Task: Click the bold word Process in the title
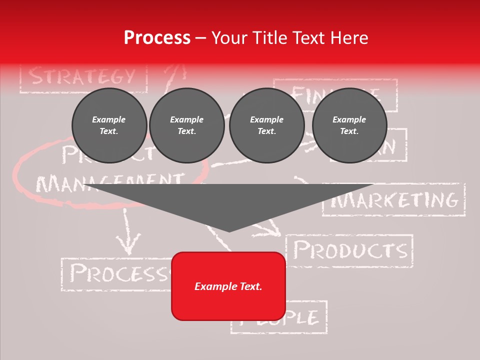157,38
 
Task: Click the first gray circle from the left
109,125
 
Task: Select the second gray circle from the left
187,125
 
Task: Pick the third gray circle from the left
266,125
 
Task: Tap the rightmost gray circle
349,125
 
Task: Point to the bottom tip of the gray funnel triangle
229,230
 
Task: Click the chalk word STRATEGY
82,76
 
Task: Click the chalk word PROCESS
117,273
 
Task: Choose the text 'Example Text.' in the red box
228,286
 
